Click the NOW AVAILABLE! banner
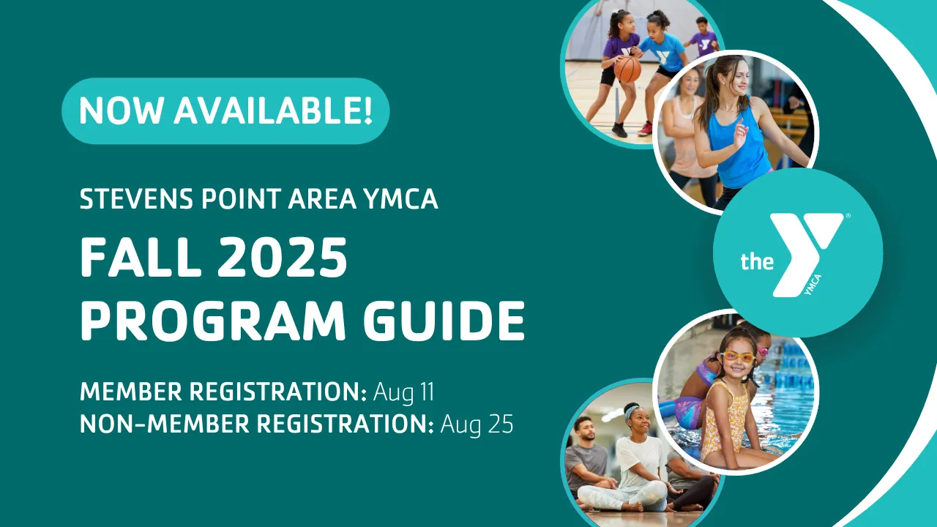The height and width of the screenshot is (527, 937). pos(225,111)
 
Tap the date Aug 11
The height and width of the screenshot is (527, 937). pos(403,392)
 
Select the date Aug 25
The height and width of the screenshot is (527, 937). pos(477,425)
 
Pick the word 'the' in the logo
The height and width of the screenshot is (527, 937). pos(757,261)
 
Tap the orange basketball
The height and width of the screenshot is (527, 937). pos(627,70)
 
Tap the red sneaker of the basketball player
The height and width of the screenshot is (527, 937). pos(646,129)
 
